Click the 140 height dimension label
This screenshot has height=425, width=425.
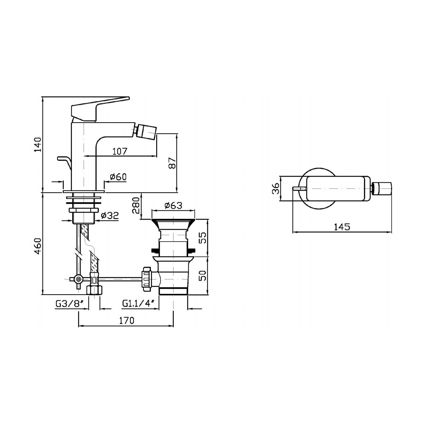pyautogui.click(x=38, y=144)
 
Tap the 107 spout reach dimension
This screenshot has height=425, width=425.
pyautogui.click(x=120, y=151)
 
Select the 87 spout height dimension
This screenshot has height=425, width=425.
pyautogui.click(x=172, y=163)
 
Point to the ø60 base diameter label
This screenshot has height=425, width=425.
pyautogui.click(x=118, y=177)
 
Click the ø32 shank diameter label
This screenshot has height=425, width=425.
pyautogui.click(x=110, y=215)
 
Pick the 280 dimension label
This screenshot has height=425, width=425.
pyautogui.click(x=136, y=205)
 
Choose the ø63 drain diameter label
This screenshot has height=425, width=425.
pyautogui.click(x=173, y=205)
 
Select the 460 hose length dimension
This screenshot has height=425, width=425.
pyautogui.click(x=38, y=246)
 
